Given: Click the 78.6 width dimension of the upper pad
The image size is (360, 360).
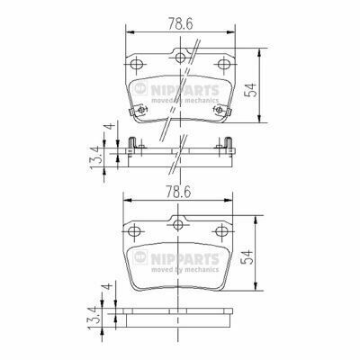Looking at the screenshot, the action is (x=180, y=23).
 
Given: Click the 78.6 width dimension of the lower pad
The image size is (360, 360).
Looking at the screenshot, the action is (x=178, y=191).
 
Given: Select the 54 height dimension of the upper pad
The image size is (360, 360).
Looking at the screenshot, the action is (x=251, y=90).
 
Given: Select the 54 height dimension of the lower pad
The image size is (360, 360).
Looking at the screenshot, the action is (x=248, y=256).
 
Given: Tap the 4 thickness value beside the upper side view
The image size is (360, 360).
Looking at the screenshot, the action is (x=111, y=126).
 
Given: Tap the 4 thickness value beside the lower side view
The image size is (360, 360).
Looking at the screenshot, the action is (x=108, y=286).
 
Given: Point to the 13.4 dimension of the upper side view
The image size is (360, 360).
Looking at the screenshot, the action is (x=96, y=157).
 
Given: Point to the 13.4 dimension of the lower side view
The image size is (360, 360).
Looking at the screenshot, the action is (x=94, y=318).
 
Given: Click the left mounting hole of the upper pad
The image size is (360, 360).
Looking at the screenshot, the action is (x=137, y=64).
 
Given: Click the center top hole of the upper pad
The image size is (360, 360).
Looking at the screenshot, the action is (x=180, y=58).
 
